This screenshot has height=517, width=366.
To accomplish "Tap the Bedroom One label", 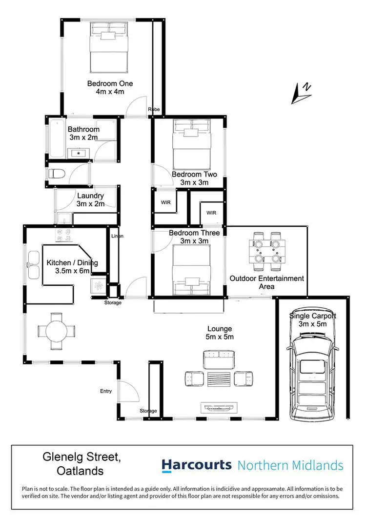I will (x=110, y=83).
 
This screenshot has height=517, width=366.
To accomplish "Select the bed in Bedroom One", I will (x=109, y=46).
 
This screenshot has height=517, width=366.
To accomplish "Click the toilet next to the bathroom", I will (x=57, y=174).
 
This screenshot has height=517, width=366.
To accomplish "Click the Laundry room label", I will (x=90, y=196).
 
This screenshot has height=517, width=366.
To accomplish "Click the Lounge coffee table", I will (x=218, y=378).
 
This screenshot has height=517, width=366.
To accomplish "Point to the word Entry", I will (x=106, y=391).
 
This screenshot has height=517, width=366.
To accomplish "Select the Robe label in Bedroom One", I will (x=154, y=110).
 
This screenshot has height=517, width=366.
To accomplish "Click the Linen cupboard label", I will (x=117, y=236).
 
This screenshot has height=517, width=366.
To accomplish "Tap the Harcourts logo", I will (x=197, y=465).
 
